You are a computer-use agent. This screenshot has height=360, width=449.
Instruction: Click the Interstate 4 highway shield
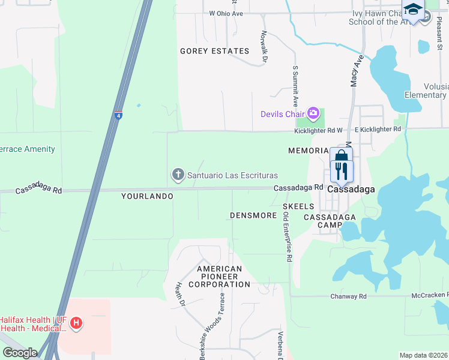pos(118,115)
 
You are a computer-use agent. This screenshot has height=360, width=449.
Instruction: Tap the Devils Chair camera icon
pos(313,113)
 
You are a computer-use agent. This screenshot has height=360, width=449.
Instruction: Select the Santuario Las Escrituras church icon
pos(178,175)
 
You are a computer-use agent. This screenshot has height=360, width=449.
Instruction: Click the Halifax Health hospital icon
pos(76,324)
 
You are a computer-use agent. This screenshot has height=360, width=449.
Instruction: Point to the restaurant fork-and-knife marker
pos(342,171)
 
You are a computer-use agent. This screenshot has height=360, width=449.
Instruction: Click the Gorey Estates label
pos(206,52)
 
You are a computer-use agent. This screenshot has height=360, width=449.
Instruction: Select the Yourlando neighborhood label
pos(147,196)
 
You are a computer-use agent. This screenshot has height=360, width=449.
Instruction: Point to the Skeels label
pos(298,206)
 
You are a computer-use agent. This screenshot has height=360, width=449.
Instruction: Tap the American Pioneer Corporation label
pos(219,277)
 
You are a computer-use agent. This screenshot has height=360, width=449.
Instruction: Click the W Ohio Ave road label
pos(226,13)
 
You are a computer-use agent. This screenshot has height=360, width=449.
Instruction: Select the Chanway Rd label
pos(348,296)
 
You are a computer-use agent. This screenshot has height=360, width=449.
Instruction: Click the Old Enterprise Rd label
pos(288,236)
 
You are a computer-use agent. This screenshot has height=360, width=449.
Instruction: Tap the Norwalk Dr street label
pos(264,46)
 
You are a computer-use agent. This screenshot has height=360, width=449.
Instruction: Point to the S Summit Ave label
pos(295,84)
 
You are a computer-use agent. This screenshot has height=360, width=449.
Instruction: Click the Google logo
pos(20,353)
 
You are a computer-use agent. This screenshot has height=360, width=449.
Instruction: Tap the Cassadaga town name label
pos(351,189)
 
